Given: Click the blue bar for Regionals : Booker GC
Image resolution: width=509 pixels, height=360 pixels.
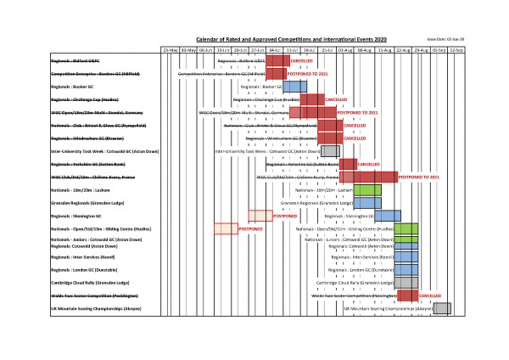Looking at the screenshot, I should click(294, 87).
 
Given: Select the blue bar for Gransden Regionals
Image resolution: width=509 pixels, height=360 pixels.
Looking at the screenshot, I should click(367, 203).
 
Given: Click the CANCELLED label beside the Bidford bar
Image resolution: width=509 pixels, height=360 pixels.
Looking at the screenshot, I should click(302, 62).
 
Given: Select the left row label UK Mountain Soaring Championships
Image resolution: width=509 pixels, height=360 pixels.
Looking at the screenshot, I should click(93, 309).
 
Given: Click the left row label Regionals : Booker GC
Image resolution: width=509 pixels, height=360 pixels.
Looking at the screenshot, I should click(73, 87).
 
